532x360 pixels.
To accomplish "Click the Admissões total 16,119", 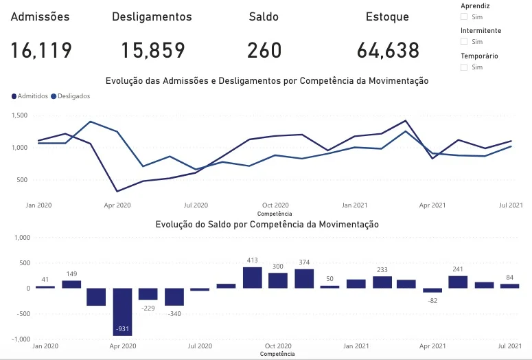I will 41,50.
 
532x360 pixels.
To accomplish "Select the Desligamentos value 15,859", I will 153,50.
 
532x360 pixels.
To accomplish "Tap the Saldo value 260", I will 264,50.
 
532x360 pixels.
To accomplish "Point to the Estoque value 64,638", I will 388,50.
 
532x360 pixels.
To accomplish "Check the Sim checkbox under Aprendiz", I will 464,16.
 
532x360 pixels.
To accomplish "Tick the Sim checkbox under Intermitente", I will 464,42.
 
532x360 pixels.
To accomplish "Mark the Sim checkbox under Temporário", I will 464,67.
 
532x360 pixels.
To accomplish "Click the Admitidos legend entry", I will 30,96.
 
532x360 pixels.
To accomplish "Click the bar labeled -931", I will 122,311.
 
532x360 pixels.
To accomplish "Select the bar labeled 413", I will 253,278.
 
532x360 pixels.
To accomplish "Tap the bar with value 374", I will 304,278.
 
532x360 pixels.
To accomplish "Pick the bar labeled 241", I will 458,282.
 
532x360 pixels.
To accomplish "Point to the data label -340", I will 174,314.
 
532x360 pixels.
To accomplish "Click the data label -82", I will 432,301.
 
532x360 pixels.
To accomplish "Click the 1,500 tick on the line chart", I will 19,115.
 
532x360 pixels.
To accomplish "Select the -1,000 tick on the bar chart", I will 21,339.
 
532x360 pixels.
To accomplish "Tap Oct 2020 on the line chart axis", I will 275,205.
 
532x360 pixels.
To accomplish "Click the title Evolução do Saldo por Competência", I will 267,225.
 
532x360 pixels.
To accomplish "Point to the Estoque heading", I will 387,16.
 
